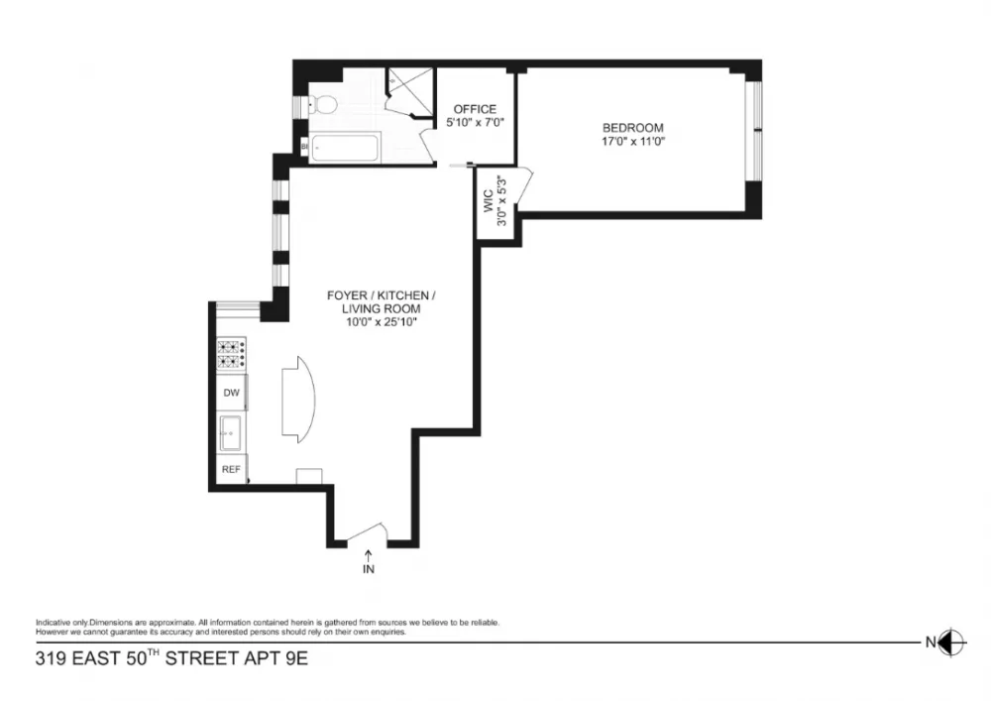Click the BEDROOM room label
pyautogui.click(x=632, y=128)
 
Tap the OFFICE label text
pyautogui.click(x=475, y=109)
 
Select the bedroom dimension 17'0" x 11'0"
pyautogui.click(x=632, y=142)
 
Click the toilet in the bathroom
pyautogui.click(x=321, y=104)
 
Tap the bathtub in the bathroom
pyautogui.click(x=345, y=148)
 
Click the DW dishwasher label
pyautogui.click(x=232, y=393)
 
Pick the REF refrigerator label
pyautogui.click(x=231, y=470)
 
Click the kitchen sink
pyautogui.click(x=230, y=433)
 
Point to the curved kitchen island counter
pyautogui.click(x=297, y=400)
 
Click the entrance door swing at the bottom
pyautogui.click(x=368, y=532)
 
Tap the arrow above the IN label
pyautogui.click(x=369, y=555)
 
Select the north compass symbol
pyautogui.click(x=951, y=643)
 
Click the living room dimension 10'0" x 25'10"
pyautogui.click(x=382, y=322)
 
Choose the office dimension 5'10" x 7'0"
pyautogui.click(x=476, y=123)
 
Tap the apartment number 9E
pyautogui.click(x=297, y=658)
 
